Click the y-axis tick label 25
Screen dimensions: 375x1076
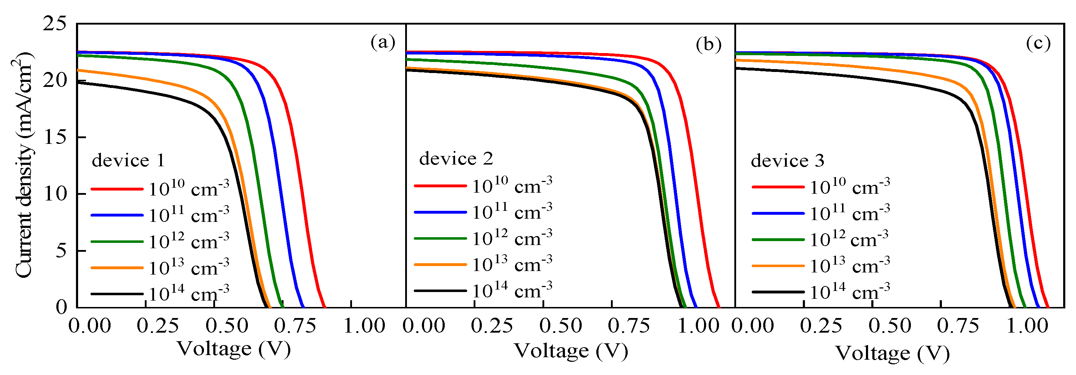(54, 24)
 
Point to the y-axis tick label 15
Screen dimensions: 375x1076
(54, 137)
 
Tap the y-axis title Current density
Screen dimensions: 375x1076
(24, 165)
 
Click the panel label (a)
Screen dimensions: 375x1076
(383, 42)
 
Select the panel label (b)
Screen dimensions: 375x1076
(708, 44)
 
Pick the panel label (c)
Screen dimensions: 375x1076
(1038, 43)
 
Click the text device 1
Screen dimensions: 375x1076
(128, 161)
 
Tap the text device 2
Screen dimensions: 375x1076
(456, 159)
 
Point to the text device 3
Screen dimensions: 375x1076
(787, 161)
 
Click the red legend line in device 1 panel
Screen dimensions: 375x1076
(117, 189)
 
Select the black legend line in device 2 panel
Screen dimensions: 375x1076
(440, 291)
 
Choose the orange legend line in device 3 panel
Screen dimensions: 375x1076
(778, 266)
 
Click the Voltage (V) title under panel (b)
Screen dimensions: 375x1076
(570, 351)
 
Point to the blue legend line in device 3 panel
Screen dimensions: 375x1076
(778, 213)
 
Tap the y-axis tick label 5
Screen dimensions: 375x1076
(61, 251)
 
